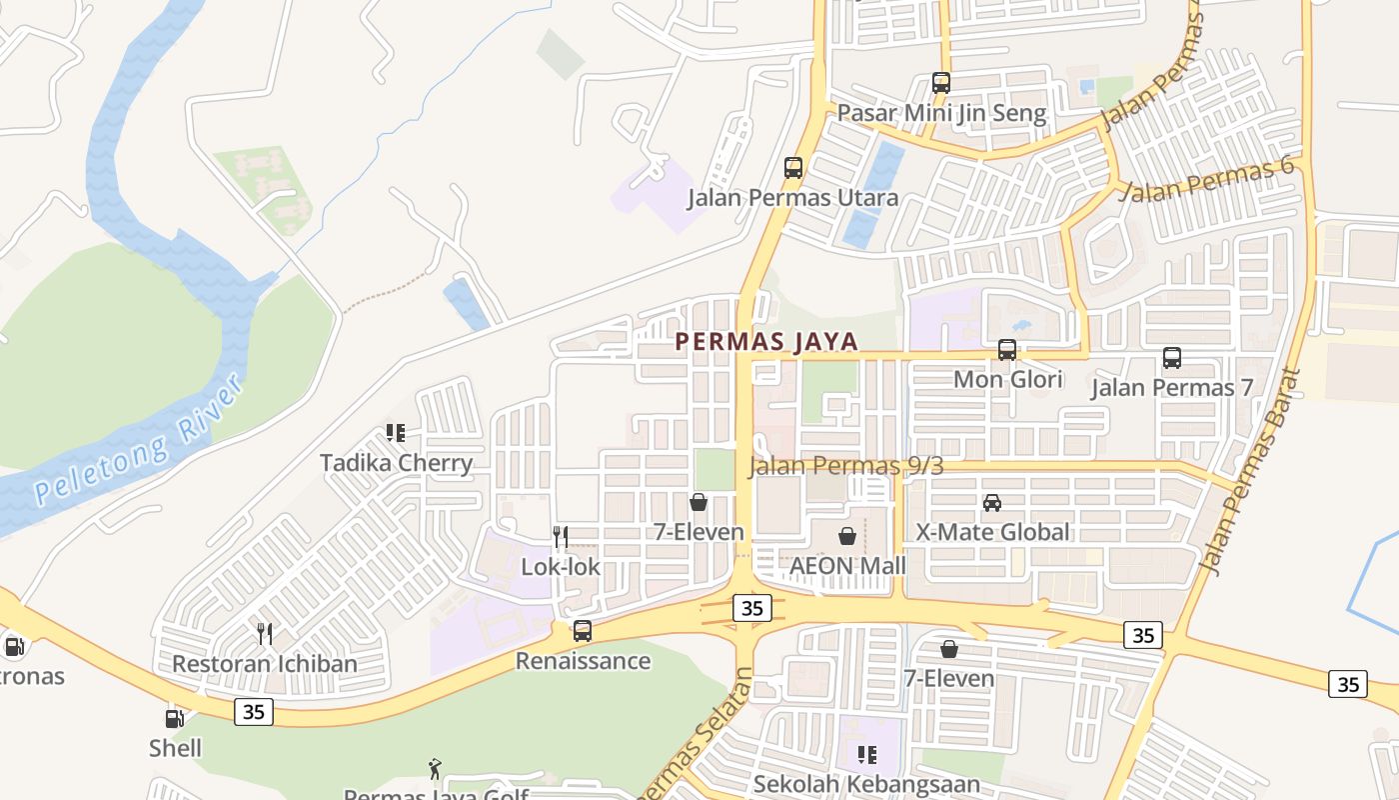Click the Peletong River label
[x=139, y=440]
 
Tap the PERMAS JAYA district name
[x=766, y=341]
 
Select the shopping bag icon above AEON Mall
[x=847, y=537]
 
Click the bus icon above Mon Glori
[x=1007, y=350]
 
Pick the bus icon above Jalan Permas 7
[x=1172, y=357]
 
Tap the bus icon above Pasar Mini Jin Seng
[x=941, y=82]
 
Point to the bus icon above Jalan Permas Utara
[x=793, y=168]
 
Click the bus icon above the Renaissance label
[x=583, y=631]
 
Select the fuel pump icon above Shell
[x=175, y=718]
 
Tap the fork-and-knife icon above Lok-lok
[x=561, y=537]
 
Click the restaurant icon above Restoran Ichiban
[x=265, y=633]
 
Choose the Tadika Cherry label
[x=396, y=463]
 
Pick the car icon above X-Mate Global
[x=992, y=502]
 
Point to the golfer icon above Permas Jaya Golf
[x=435, y=769]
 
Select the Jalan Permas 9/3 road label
[x=845, y=465]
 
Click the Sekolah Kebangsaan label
[x=866, y=784]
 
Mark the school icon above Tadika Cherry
[x=396, y=433]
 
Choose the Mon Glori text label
[x=1007, y=380]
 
